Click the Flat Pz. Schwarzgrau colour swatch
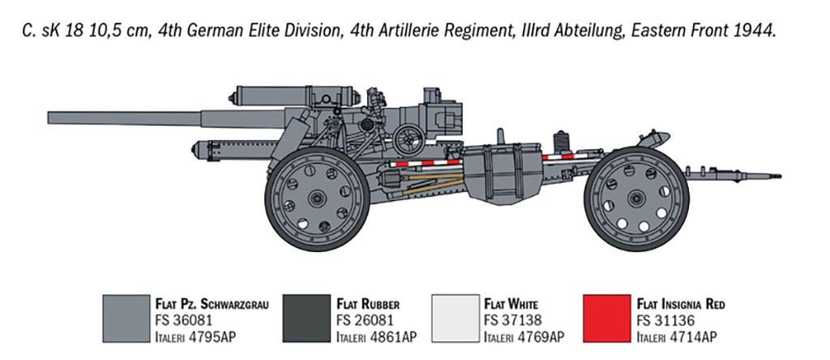point(126,319)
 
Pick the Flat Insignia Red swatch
point(606,319)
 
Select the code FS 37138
point(512,320)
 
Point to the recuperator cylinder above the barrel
point(292,95)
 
